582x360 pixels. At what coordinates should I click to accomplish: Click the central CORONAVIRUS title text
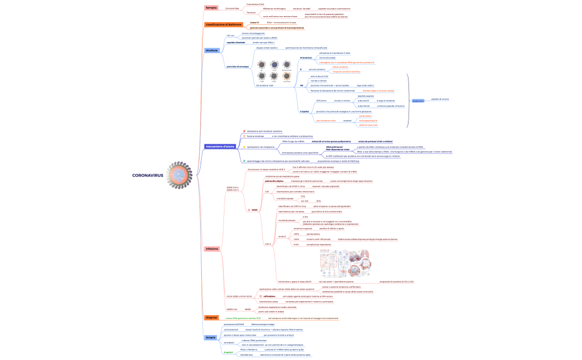point(148,175)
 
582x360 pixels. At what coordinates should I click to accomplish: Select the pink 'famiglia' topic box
point(211,8)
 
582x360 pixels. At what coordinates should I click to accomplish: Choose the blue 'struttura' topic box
point(212,50)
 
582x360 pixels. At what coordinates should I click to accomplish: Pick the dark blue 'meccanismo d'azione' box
point(221,147)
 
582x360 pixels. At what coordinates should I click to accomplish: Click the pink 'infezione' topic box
point(212,249)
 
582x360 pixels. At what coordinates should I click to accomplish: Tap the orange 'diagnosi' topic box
point(211,317)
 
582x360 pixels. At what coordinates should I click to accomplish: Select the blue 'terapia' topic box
point(211,337)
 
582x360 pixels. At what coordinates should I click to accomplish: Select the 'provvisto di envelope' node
point(238,66)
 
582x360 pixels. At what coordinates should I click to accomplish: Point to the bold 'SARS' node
point(254,210)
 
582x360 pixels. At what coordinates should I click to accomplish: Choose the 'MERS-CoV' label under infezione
point(232,309)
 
